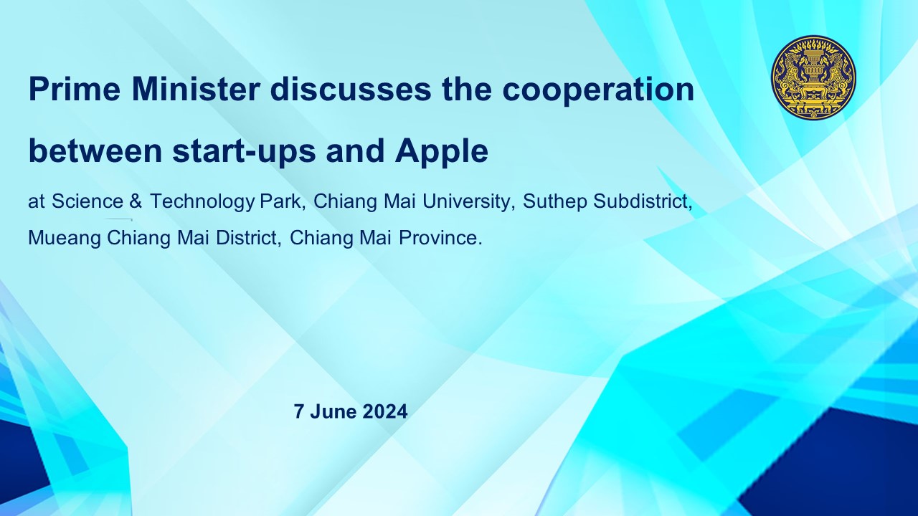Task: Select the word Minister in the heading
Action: click(x=196, y=90)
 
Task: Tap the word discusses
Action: click(x=351, y=90)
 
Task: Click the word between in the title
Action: click(x=95, y=151)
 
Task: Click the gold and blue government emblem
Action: click(x=813, y=77)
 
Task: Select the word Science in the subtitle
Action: click(x=87, y=201)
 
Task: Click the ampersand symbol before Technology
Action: click(x=136, y=201)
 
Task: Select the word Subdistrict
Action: click(x=640, y=201)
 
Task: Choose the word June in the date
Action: click(x=333, y=411)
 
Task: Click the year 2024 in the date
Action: click(x=385, y=411)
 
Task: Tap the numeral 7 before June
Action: click(x=299, y=411)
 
